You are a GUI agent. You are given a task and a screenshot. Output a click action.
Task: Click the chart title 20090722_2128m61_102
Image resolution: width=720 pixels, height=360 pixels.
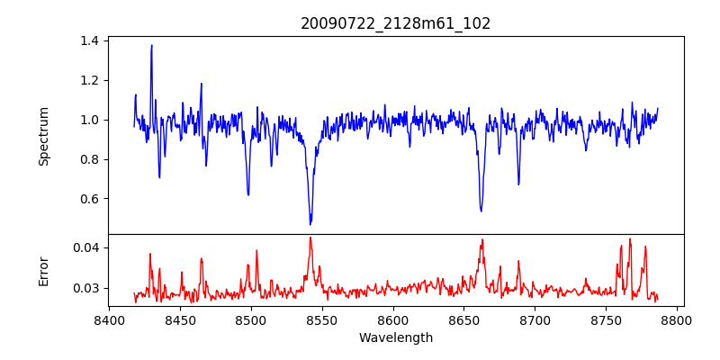click(396, 23)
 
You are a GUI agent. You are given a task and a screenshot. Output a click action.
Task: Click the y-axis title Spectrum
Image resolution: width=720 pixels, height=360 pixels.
click(43, 136)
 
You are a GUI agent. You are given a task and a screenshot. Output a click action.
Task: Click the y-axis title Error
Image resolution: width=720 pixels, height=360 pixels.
click(43, 270)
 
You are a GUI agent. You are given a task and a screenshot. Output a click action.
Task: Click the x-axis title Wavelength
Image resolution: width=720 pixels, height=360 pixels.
click(396, 338)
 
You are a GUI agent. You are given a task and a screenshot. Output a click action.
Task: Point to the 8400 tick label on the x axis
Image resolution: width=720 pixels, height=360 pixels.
click(109, 320)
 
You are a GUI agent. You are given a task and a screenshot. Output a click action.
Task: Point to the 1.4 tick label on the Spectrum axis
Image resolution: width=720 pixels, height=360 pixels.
click(89, 40)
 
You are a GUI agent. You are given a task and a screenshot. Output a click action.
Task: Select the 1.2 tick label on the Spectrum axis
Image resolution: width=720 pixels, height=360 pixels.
click(89, 80)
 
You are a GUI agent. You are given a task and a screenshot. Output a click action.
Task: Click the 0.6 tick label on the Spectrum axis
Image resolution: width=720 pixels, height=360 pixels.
click(89, 199)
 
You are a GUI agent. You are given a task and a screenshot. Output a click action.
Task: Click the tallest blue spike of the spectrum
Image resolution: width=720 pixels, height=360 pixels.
click(151, 46)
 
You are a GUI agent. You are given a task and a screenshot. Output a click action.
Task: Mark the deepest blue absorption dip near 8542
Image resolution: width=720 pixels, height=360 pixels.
click(310, 223)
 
